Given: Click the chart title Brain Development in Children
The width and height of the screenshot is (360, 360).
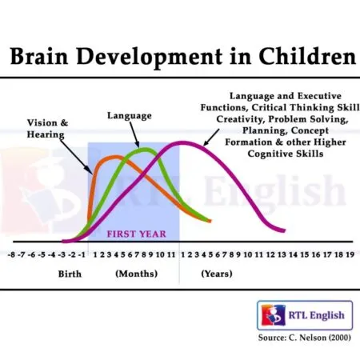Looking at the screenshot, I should (179, 57).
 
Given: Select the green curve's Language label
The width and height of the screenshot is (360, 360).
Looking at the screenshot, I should (130, 116).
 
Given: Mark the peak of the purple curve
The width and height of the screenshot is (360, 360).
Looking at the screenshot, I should (184, 142).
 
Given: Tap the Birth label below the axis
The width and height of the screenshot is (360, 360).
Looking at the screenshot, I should (70, 274).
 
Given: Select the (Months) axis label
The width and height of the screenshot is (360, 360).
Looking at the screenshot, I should (135, 274).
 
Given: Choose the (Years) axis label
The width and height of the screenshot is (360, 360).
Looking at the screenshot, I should (216, 274).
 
